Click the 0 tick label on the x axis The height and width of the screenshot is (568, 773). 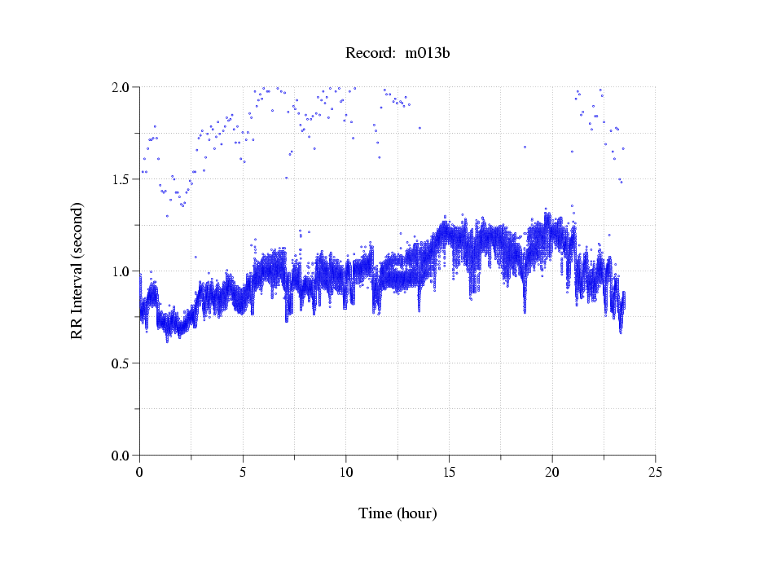point(140,472)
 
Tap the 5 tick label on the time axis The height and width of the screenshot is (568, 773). point(243,472)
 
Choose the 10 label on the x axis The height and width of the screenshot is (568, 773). point(346,472)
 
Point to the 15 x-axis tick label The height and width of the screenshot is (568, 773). point(449,472)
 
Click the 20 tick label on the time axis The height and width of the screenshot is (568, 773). point(552,472)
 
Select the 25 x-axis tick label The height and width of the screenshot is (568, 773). point(655,472)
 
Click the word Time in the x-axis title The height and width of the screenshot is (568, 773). point(376,513)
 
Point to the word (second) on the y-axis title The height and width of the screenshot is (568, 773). point(77,229)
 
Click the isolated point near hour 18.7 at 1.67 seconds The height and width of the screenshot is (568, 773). point(525,147)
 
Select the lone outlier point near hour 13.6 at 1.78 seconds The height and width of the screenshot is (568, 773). point(420,128)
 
